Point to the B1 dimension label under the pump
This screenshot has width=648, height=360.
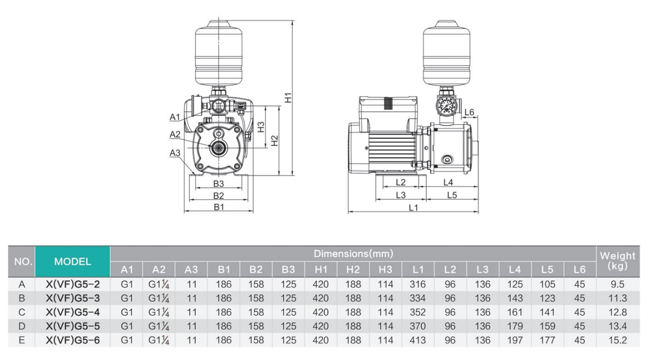(218, 207)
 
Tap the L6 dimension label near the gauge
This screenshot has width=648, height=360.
(470, 112)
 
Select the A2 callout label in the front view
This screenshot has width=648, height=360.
(175, 134)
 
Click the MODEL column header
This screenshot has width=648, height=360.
(72, 261)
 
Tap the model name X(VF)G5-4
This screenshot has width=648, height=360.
(72, 313)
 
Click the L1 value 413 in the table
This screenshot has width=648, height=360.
(415, 340)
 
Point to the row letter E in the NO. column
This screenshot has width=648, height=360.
(22, 340)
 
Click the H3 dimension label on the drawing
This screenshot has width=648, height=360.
(261, 127)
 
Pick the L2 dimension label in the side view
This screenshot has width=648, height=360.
(400, 182)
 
